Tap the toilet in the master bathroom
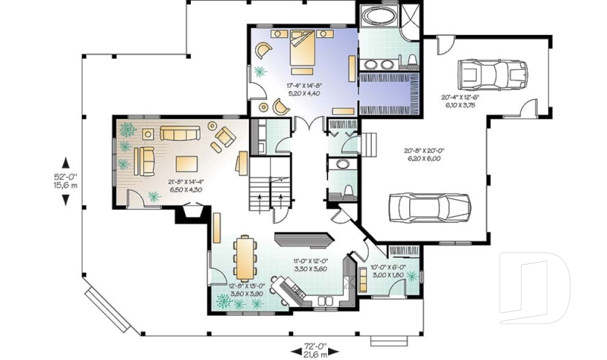pos(412,61)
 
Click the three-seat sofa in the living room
pos(180,132)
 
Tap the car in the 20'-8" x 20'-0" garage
pos(429,207)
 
